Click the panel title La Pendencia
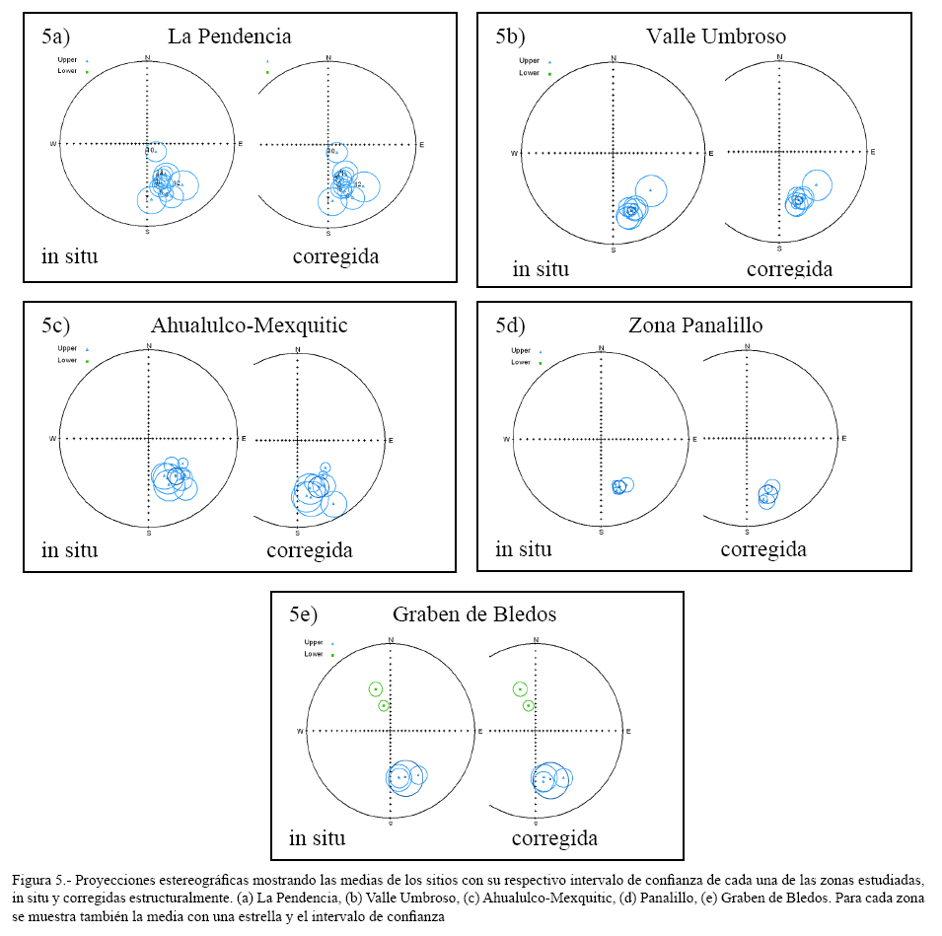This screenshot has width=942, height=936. point(229,36)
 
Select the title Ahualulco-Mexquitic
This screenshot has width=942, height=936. point(249,324)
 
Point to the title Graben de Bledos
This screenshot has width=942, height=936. point(476,614)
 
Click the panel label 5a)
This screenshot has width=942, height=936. point(55,36)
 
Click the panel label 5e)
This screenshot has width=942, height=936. point(304,614)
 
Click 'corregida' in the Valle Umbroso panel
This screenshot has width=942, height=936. point(789,268)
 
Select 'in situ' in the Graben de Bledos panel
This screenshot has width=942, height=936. point(317,838)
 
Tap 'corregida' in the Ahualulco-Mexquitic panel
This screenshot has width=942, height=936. point(309,550)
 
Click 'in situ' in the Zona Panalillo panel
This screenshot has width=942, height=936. point(523,549)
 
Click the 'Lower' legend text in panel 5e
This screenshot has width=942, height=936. point(314,654)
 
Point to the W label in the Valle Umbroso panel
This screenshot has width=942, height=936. point(514,153)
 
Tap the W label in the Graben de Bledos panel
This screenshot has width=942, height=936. point(300,731)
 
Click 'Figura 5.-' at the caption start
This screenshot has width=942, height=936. point(40,878)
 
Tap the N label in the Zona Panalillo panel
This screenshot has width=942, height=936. point(602,347)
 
